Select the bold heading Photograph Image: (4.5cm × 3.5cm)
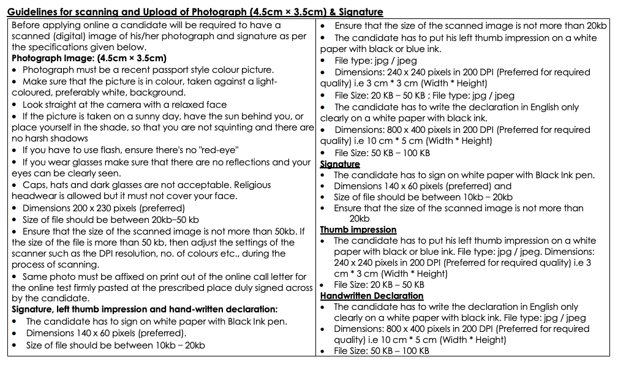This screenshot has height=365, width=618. (89, 58)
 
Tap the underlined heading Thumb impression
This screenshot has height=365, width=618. (358, 230)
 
